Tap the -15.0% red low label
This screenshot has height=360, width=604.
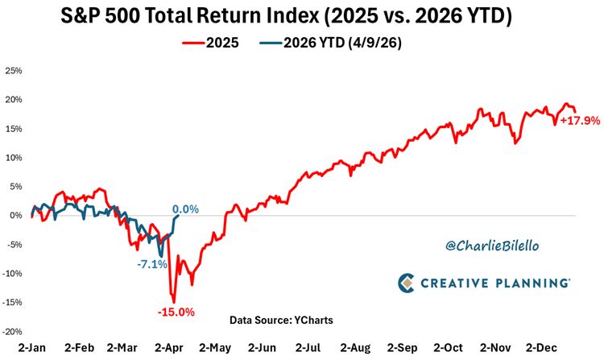click(175, 312)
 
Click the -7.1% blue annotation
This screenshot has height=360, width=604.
click(151, 263)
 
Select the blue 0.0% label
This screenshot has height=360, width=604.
click(185, 209)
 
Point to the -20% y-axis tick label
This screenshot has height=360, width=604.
click(13, 331)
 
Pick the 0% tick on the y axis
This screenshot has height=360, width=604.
click(16, 215)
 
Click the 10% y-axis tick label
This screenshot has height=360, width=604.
click(14, 158)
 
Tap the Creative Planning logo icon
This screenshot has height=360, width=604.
click(407, 283)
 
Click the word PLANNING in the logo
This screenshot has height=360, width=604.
click(533, 283)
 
